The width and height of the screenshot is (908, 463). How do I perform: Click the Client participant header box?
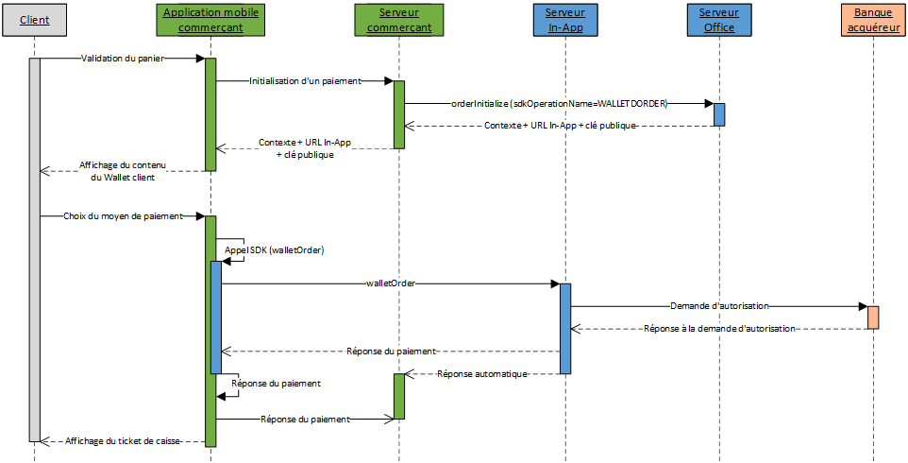(35, 20)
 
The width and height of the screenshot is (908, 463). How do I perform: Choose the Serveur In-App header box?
(565, 20)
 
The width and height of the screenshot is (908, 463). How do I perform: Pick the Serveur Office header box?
(718, 20)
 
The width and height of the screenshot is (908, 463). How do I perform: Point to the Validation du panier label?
(122, 59)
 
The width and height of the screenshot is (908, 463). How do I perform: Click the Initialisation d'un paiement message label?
(305, 81)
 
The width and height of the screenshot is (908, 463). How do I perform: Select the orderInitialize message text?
(560, 103)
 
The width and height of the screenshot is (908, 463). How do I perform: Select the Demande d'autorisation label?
(719, 306)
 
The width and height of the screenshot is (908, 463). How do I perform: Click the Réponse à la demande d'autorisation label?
(719, 329)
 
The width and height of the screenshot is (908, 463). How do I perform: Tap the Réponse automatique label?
(481, 373)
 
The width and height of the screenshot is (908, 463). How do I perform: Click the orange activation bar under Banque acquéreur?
(873, 317)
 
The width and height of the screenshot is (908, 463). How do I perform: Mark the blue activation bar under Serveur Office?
(719, 114)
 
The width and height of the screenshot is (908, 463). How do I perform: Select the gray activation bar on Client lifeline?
(35, 249)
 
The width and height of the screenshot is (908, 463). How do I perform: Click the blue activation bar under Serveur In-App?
(565, 328)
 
